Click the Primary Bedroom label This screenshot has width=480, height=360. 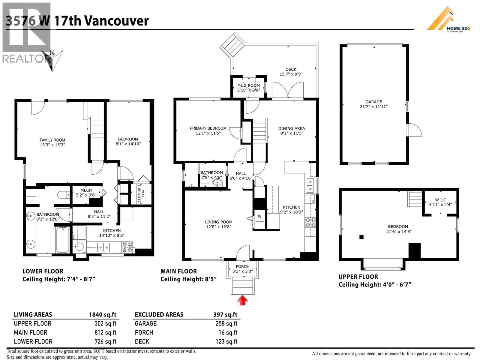click(x=208, y=128)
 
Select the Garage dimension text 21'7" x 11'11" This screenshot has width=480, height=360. click(x=374, y=106)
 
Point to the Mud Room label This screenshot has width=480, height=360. click(x=248, y=85)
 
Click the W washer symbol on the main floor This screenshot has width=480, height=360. click(x=259, y=216)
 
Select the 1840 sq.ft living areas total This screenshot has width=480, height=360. click(x=102, y=315)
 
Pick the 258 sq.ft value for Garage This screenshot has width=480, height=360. click(x=226, y=324)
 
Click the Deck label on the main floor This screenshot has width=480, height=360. click(x=291, y=69)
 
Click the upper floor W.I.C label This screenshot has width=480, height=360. click(x=440, y=200)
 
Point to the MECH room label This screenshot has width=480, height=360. click(x=86, y=190)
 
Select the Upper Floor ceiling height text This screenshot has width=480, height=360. click(x=375, y=284)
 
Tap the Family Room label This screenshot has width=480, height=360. click(x=52, y=140)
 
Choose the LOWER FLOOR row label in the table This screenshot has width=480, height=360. click(x=33, y=342)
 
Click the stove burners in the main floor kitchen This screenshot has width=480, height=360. click(x=310, y=222)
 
